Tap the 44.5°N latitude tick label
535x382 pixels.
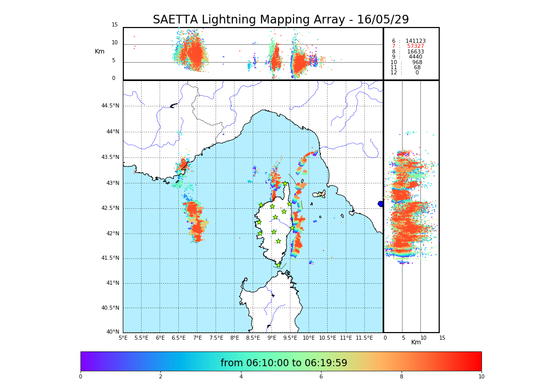click(x=110, y=106)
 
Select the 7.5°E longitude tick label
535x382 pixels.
click(x=216, y=338)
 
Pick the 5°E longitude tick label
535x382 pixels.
click(x=123, y=338)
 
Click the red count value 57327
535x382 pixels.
click(x=415, y=46)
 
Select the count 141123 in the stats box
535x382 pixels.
click(x=415, y=41)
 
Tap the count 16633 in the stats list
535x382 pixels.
click(x=415, y=52)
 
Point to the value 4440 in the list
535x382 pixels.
click(x=415, y=57)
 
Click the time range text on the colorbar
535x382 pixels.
click(x=284, y=363)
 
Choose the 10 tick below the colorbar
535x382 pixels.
click(x=481, y=377)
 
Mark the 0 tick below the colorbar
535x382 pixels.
click(x=81, y=377)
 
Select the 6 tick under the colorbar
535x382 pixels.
click(x=321, y=377)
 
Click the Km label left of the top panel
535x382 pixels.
click(x=99, y=51)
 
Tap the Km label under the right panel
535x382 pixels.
click(x=416, y=342)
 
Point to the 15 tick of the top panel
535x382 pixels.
click(x=115, y=25)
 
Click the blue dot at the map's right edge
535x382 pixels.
click(x=381, y=204)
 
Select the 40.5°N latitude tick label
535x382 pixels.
click(x=110, y=308)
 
